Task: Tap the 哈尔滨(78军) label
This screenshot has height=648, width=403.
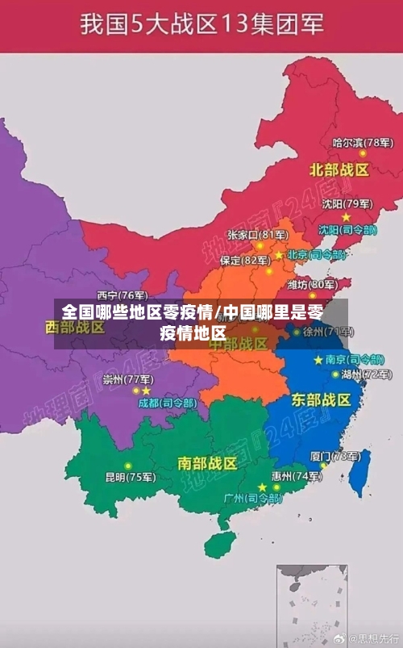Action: pyautogui.click(x=363, y=143)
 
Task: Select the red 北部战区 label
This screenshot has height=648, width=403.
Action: pyautogui.click(x=339, y=170)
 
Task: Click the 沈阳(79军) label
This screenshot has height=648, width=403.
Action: pyautogui.click(x=347, y=204)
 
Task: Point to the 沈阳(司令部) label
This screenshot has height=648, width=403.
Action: pyautogui.click(x=347, y=229)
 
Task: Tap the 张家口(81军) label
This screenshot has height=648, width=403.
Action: pyautogui.click(x=257, y=235)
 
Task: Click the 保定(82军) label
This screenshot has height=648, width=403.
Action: pyautogui.click(x=246, y=260)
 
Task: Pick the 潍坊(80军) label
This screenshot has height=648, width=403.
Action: pyautogui.click(x=313, y=284)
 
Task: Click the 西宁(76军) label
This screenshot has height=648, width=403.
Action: pyautogui.click(x=123, y=295)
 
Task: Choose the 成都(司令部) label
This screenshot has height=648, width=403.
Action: pyautogui.click(x=167, y=402)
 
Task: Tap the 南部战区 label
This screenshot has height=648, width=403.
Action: pyautogui.click(x=207, y=463)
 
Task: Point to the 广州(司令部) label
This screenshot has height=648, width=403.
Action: pyautogui.click(x=253, y=499)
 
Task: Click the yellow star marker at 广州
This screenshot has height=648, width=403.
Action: pyautogui.click(x=262, y=487)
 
